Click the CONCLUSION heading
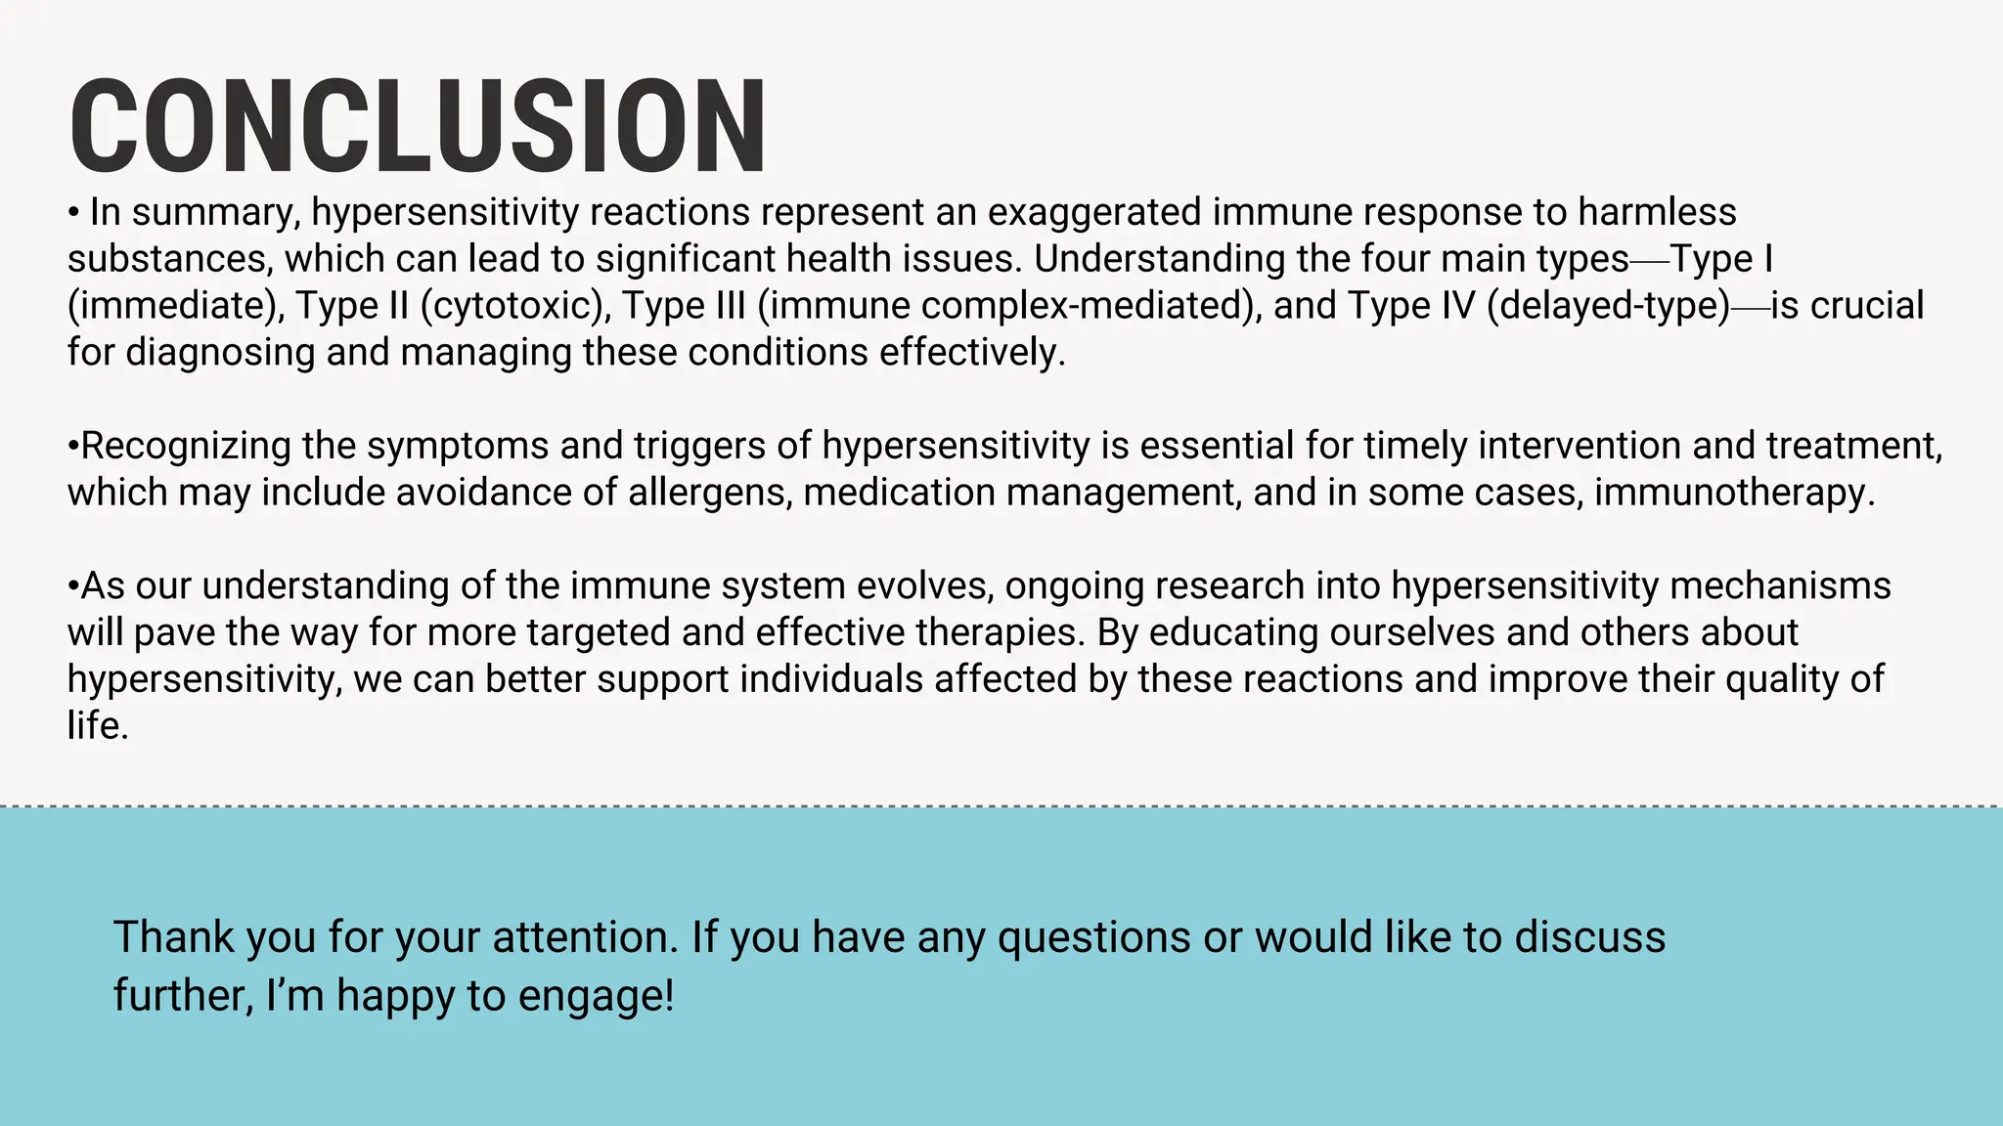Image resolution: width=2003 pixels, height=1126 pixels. click(x=418, y=127)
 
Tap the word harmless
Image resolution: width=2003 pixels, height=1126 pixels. click(x=1657, y=212)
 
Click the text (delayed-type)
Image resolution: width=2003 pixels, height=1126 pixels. click(x=1608, y=306)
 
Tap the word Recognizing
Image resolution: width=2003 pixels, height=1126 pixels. click(x=186, y=446)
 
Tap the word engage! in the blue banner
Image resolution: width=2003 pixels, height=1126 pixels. click(x=596, y=996)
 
